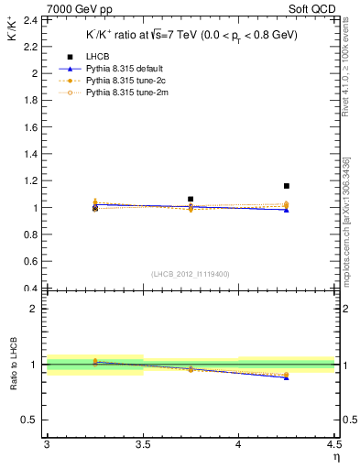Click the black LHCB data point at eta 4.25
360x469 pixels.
[287, 186]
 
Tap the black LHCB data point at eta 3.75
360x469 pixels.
[191, 199]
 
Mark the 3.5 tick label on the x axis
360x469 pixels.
[143, 445]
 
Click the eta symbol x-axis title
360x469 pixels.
[335, 456]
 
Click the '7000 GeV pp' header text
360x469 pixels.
[54, 8]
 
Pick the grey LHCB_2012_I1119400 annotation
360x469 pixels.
[191, 274]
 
